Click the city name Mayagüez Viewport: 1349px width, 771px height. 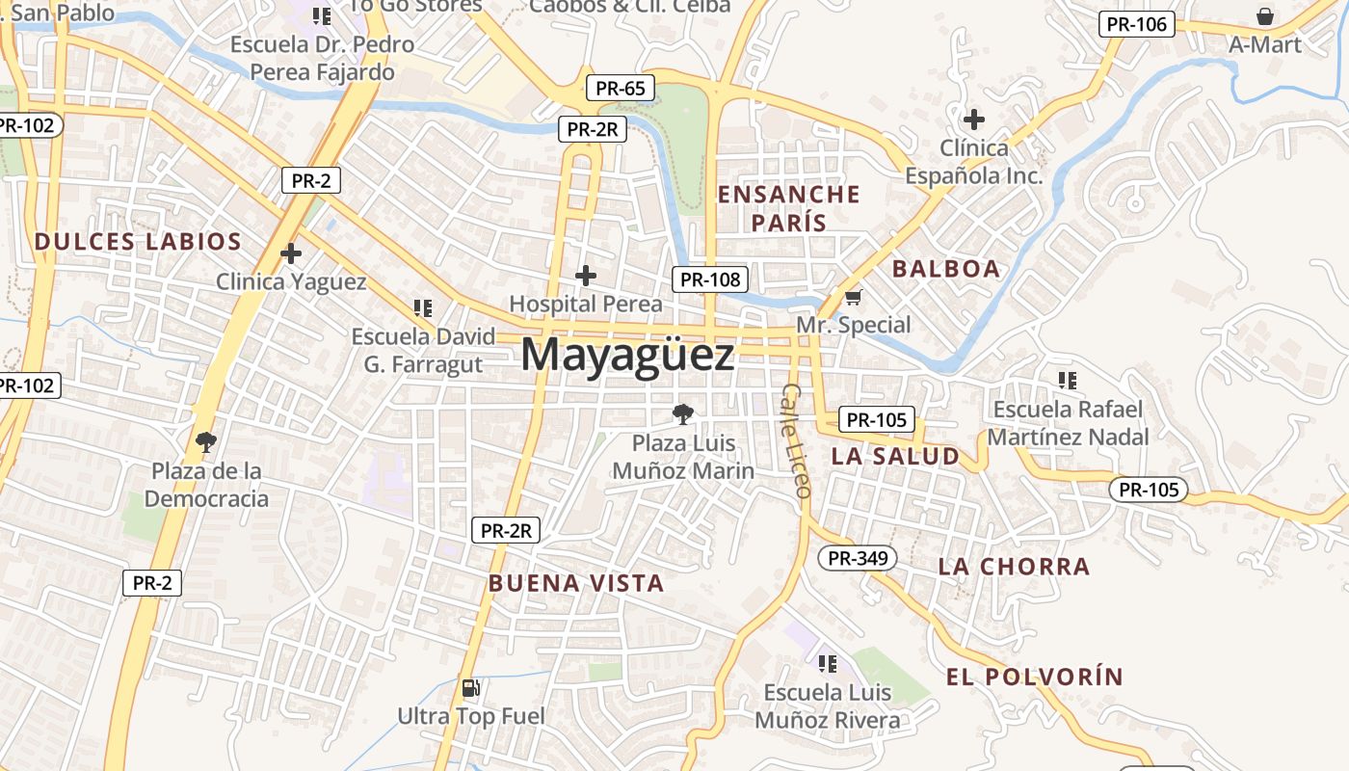(627, 355)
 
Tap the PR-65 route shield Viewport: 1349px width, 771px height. (621, 89)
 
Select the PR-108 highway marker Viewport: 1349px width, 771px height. (710, 279)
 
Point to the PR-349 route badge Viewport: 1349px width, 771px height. (858, 557)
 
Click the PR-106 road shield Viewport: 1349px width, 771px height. (1137, 24)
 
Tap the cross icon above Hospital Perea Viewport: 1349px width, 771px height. (585, 277)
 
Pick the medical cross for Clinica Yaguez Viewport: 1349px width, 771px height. (291, 253)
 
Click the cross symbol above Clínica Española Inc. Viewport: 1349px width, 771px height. (974, 120)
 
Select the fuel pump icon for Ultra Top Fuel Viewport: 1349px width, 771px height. (471, 688)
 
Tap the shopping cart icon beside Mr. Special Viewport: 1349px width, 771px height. (853, 298)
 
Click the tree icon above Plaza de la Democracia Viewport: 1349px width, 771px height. (205, 442)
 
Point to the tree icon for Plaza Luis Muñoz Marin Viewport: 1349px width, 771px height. (683, 414)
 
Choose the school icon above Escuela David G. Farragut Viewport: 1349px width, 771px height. (422, 308)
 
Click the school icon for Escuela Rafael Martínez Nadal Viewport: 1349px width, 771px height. (1067, 381)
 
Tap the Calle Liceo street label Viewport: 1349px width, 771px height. (796, 440)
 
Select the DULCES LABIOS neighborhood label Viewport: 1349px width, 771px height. (138, 242)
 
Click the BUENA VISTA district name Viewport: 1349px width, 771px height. (576, 583)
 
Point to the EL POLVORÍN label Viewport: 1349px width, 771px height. (1035, 677)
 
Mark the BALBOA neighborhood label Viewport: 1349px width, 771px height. (946, 269)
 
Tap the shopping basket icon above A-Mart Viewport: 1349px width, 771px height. (1264, 16)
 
